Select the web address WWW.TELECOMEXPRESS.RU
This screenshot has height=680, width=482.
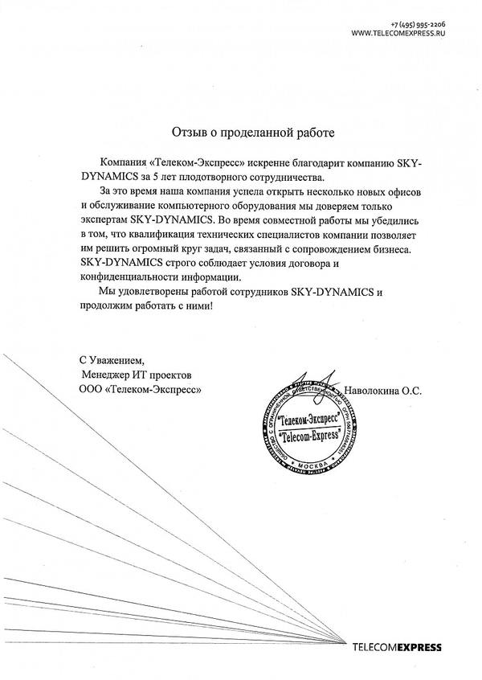[399, 35]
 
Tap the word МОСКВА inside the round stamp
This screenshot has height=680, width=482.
[304, 465]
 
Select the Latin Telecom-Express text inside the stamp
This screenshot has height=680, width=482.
[308, 436]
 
